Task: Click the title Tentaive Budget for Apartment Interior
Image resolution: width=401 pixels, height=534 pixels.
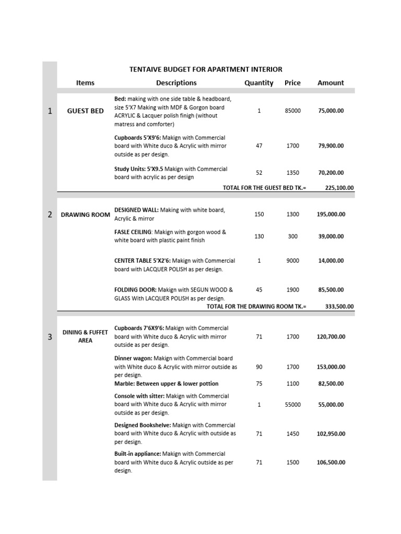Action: coord(206,69)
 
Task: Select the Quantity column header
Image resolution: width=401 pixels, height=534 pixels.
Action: coord(258,82)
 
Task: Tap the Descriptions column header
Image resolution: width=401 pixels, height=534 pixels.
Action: coord(176,82)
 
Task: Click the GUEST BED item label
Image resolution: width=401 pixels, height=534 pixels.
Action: coord(85,111)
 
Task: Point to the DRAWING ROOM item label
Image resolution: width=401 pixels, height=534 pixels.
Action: coord(85,214)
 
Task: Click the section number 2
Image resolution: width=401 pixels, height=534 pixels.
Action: coord(50,214)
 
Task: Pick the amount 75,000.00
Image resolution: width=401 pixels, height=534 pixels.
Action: coord(331,111)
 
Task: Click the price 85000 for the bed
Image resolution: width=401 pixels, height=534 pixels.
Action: coord(292,111)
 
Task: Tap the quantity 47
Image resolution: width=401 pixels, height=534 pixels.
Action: coord(259,146)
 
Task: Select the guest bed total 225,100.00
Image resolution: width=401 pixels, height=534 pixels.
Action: coord(339,188)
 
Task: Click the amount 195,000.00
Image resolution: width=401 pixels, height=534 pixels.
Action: coord(331,214)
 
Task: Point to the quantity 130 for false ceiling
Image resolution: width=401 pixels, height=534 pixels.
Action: coord(259,236)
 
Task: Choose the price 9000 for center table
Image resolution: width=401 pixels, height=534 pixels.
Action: coord(292,261)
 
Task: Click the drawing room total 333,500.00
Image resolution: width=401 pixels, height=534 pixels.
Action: coord(339,307)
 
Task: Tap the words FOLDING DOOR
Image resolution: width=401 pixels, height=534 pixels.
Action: coord(135,289)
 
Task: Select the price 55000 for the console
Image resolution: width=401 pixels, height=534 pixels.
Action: coord(292,404)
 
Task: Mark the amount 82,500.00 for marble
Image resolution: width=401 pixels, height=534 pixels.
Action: coord(331,384)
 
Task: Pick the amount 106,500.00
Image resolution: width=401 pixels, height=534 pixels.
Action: coord(331,462)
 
